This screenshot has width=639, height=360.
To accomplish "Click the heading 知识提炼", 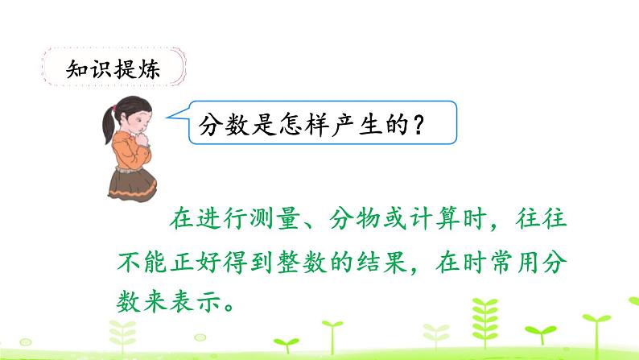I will (112, 69).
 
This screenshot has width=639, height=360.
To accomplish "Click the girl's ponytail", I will (109, 129).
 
